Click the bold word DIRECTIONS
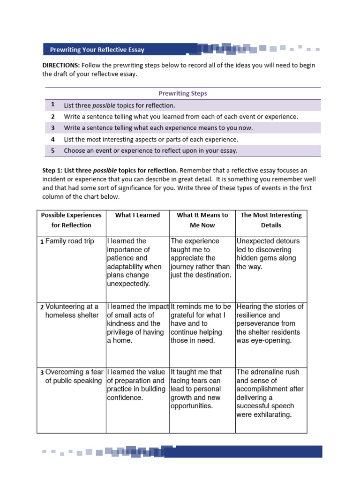click(60, 66)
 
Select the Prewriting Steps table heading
click(183, 93)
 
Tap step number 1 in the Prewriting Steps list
click(53, 105)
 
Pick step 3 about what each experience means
click(158, 128)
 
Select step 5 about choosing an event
click(150, 150)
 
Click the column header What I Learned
click(137, 215)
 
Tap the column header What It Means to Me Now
click(202, 220)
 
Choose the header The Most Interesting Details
click(271, 220)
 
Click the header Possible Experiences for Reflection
click(71, 220)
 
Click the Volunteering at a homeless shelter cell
click(71, 311)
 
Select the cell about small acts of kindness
click(137, 323)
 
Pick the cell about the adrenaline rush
click(270, 393)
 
